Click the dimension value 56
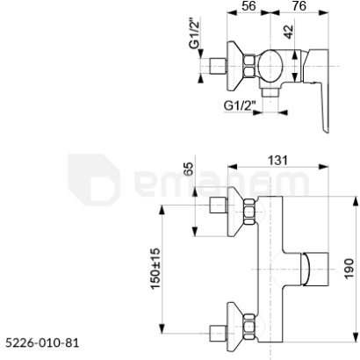(248, 6)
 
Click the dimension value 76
(299, 6)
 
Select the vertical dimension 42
(289, 32)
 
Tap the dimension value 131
(277, 161)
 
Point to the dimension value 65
(189, 169)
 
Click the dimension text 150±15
(155, 269)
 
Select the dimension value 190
(349, 269)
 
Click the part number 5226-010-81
(42, 342)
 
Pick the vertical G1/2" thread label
(194, 33)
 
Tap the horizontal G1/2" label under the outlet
(240, 105)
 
